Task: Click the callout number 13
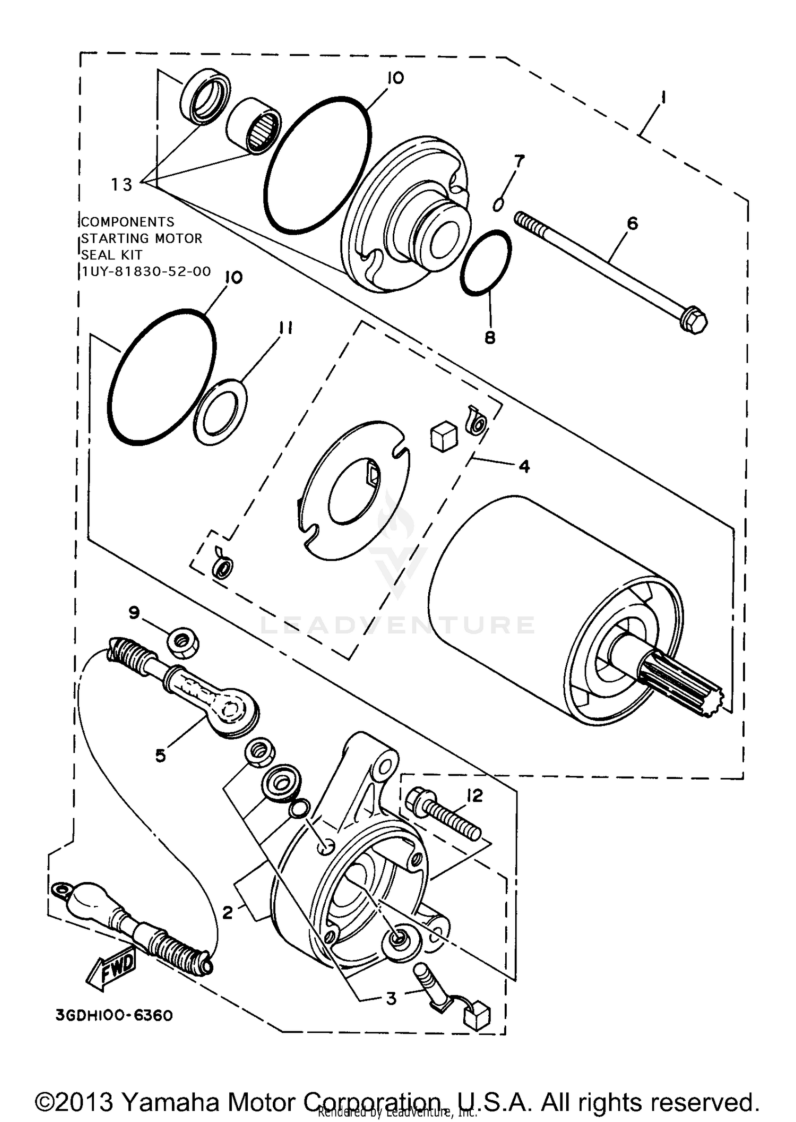(x=122, y=184)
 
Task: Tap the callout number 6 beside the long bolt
(x=632, y=223)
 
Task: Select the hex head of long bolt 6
(x=694, y=321)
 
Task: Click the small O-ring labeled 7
(x=498, y=203)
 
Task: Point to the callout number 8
(x=490, y=337)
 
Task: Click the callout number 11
(x=285, y=328)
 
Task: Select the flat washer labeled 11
(x=220, y=412)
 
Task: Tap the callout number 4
(x=524, y=466)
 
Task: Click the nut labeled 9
(x=184, y=644)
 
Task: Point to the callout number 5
(x=160, y=755)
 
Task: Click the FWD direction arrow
(x=110, y=970)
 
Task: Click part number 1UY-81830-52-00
(x=146, y=271)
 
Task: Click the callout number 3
(x=391, y=998)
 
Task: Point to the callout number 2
(x=227, y=912)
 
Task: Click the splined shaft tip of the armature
(x=690, y=686)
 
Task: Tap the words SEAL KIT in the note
(x=111, y=254)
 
